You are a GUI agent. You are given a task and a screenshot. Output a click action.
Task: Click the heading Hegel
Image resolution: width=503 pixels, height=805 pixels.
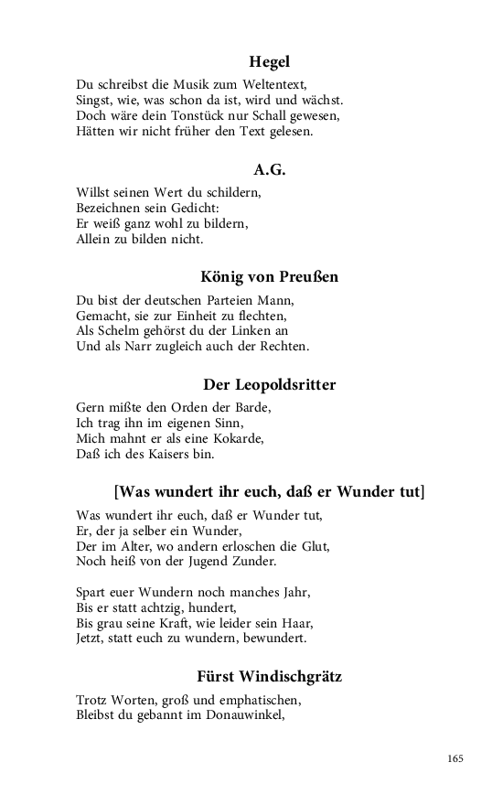pos(269,62)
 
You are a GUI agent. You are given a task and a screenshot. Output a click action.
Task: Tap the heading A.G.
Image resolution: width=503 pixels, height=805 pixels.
pos(269,169)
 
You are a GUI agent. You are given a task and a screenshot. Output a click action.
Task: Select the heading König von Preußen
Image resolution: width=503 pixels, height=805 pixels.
pos(269,276)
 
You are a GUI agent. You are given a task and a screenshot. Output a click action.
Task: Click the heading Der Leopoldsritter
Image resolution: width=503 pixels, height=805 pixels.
pos(269,384)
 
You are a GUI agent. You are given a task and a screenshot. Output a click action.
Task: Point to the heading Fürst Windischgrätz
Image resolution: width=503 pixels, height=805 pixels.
pos(269,677)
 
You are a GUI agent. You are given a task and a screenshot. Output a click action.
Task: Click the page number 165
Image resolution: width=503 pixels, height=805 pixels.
pos(455,758)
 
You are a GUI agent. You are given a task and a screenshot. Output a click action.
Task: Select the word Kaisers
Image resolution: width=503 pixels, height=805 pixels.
pos(167,454)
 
